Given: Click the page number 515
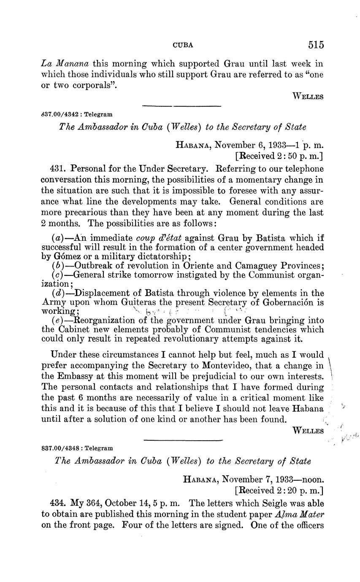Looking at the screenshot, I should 316,44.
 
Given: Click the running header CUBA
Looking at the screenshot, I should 183,45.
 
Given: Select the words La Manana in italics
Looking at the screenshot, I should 65,64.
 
